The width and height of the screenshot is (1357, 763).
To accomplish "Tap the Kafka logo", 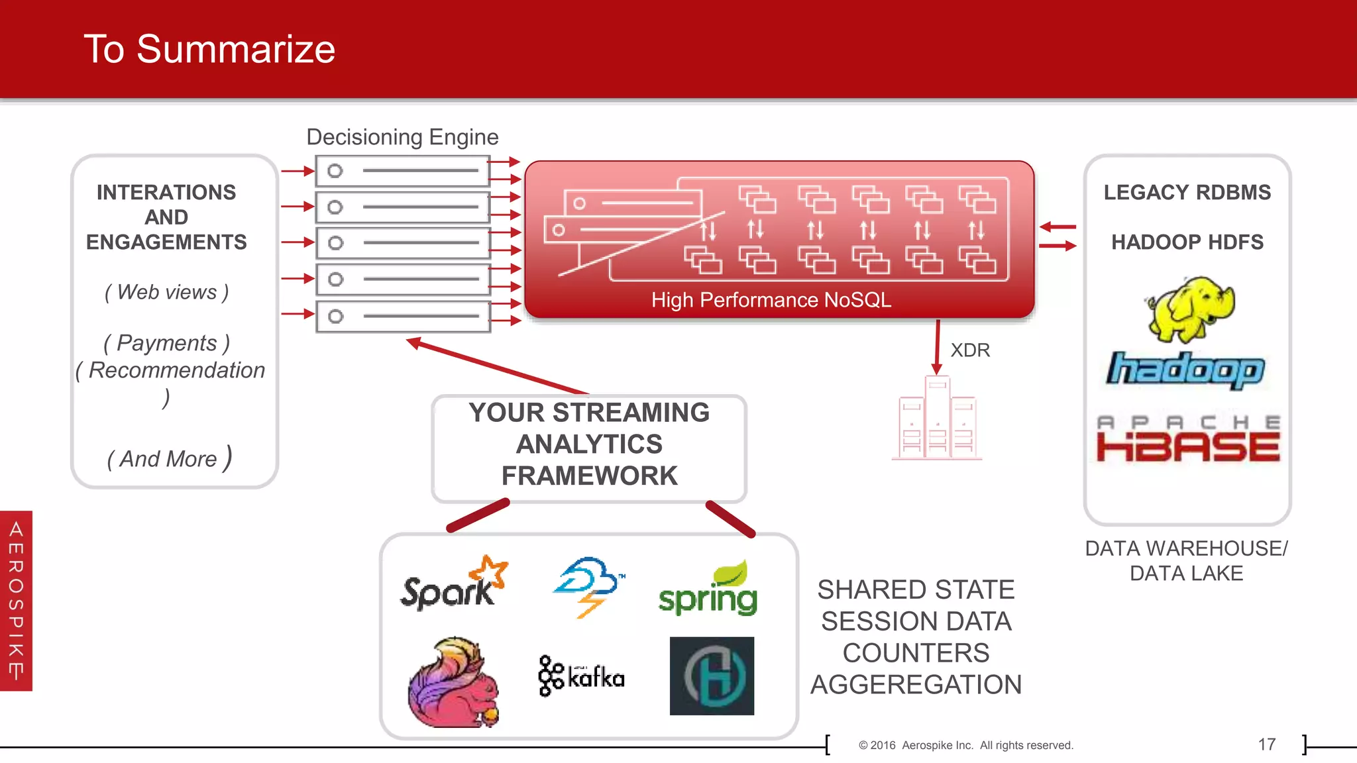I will click(581, 676).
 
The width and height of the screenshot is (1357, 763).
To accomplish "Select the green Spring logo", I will click(708, 589).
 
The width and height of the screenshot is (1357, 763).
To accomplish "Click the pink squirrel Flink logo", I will click(453, 683).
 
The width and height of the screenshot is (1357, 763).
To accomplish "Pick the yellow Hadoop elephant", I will click(1191, 309).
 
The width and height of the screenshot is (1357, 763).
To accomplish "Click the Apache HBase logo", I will click(1187, 438).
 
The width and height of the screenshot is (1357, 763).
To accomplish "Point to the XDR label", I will click(969, 350).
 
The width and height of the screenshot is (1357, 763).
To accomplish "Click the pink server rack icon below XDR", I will click(937, 419).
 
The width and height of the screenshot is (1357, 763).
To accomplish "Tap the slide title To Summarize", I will click(209, 49).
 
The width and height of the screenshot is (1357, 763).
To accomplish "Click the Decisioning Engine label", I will click(402, 137).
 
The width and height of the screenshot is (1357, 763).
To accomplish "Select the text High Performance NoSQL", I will click(771, 300).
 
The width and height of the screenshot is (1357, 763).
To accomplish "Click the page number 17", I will click(1266, 744).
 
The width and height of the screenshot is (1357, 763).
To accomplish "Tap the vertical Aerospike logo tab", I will click(16, 601).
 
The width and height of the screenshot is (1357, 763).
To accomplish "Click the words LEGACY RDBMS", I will click(1187, 192).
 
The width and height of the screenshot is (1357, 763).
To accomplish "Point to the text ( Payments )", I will click(166, 343).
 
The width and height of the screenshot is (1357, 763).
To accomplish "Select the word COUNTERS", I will click(916, 653).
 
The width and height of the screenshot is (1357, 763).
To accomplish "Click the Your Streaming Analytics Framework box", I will click(589, 444).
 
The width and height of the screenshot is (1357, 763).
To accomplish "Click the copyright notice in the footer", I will click(965, 745).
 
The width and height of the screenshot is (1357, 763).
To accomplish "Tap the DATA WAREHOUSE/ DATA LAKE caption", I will click(1186, 560).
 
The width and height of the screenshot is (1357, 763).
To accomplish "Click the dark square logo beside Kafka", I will click(712, 676).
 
